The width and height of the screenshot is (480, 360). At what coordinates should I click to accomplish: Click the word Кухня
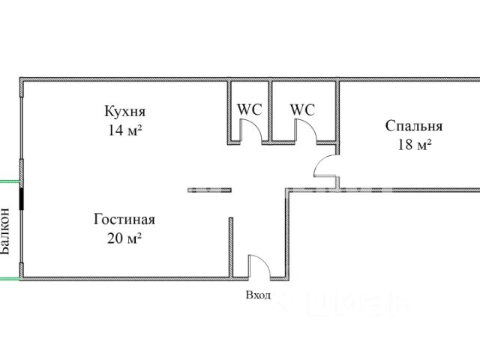coord(124,112)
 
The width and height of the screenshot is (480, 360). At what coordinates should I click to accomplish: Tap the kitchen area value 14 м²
coord(124,129)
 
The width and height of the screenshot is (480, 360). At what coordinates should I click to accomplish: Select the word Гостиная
coord(124,220)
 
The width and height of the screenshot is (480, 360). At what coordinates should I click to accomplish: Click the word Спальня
coord(414,126)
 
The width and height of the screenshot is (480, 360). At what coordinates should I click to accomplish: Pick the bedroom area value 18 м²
coord(414,144)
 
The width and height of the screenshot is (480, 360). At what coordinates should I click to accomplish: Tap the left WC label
coord(250,109)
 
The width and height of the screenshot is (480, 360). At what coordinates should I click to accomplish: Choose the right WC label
coord(302,109)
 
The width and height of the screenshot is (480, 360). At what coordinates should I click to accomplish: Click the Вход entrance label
coord(258,295)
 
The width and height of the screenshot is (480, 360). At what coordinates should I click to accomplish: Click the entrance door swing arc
coord(259,264)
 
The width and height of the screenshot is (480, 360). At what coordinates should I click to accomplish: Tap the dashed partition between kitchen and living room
coord(209,189)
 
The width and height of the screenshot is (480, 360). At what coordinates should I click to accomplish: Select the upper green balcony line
coord(9,181)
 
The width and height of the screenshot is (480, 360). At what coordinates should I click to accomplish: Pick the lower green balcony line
coord(9,278)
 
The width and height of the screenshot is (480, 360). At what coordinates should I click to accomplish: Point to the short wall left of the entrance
coord(231,247)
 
